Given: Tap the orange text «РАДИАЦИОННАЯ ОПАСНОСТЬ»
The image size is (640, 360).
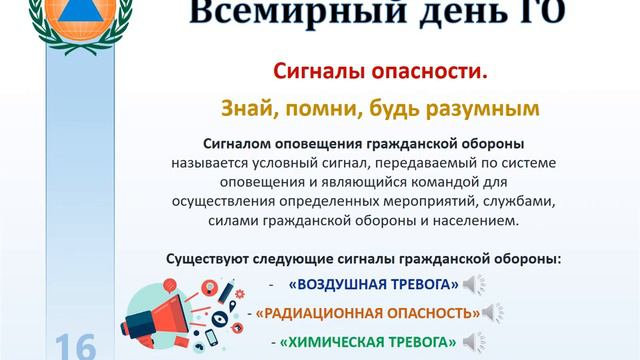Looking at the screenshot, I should pyautogui.click(x=367, y=313).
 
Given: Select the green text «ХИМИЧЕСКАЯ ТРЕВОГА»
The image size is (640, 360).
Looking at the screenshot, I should pyautogui.click(x=368, y=342).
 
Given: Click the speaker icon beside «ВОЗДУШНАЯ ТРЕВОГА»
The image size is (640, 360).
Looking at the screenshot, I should pyautogui.click(x=474, y=285).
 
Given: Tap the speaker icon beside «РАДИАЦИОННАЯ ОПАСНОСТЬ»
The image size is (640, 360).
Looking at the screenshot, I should pyautogui.click(x=491, y=313).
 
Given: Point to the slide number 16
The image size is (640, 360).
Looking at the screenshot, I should pyautogui.click(x=76, y=346).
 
